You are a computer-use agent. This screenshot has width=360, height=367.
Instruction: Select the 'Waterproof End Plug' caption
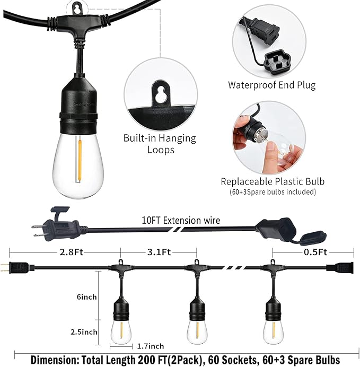tap(271, 85)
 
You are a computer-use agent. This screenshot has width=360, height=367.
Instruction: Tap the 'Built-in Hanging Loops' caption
tap(160, 144)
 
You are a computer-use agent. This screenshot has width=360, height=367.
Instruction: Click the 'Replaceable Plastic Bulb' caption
tap(273, 181)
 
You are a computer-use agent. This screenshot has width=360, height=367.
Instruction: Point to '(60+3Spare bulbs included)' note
tap(273, 191)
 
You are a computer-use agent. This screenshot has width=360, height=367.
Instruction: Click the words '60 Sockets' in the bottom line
tap(229, 360)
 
